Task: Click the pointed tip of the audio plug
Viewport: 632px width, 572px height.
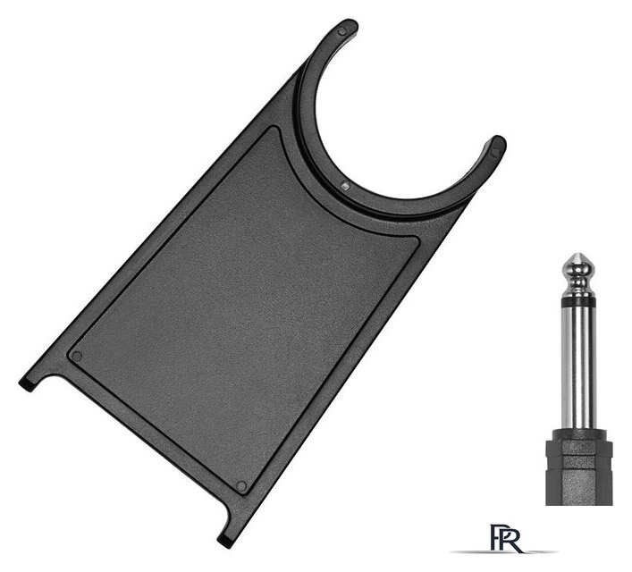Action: [578, 254]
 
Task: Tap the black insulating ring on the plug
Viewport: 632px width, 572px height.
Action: [578, 300]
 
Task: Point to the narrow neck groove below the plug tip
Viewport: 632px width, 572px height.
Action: [578, 277]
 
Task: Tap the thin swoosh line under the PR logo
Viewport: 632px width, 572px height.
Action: [504, 551]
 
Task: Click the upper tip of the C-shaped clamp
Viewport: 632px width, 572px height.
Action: [346, 29]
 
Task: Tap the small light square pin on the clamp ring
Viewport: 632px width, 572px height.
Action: [345, 186]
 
